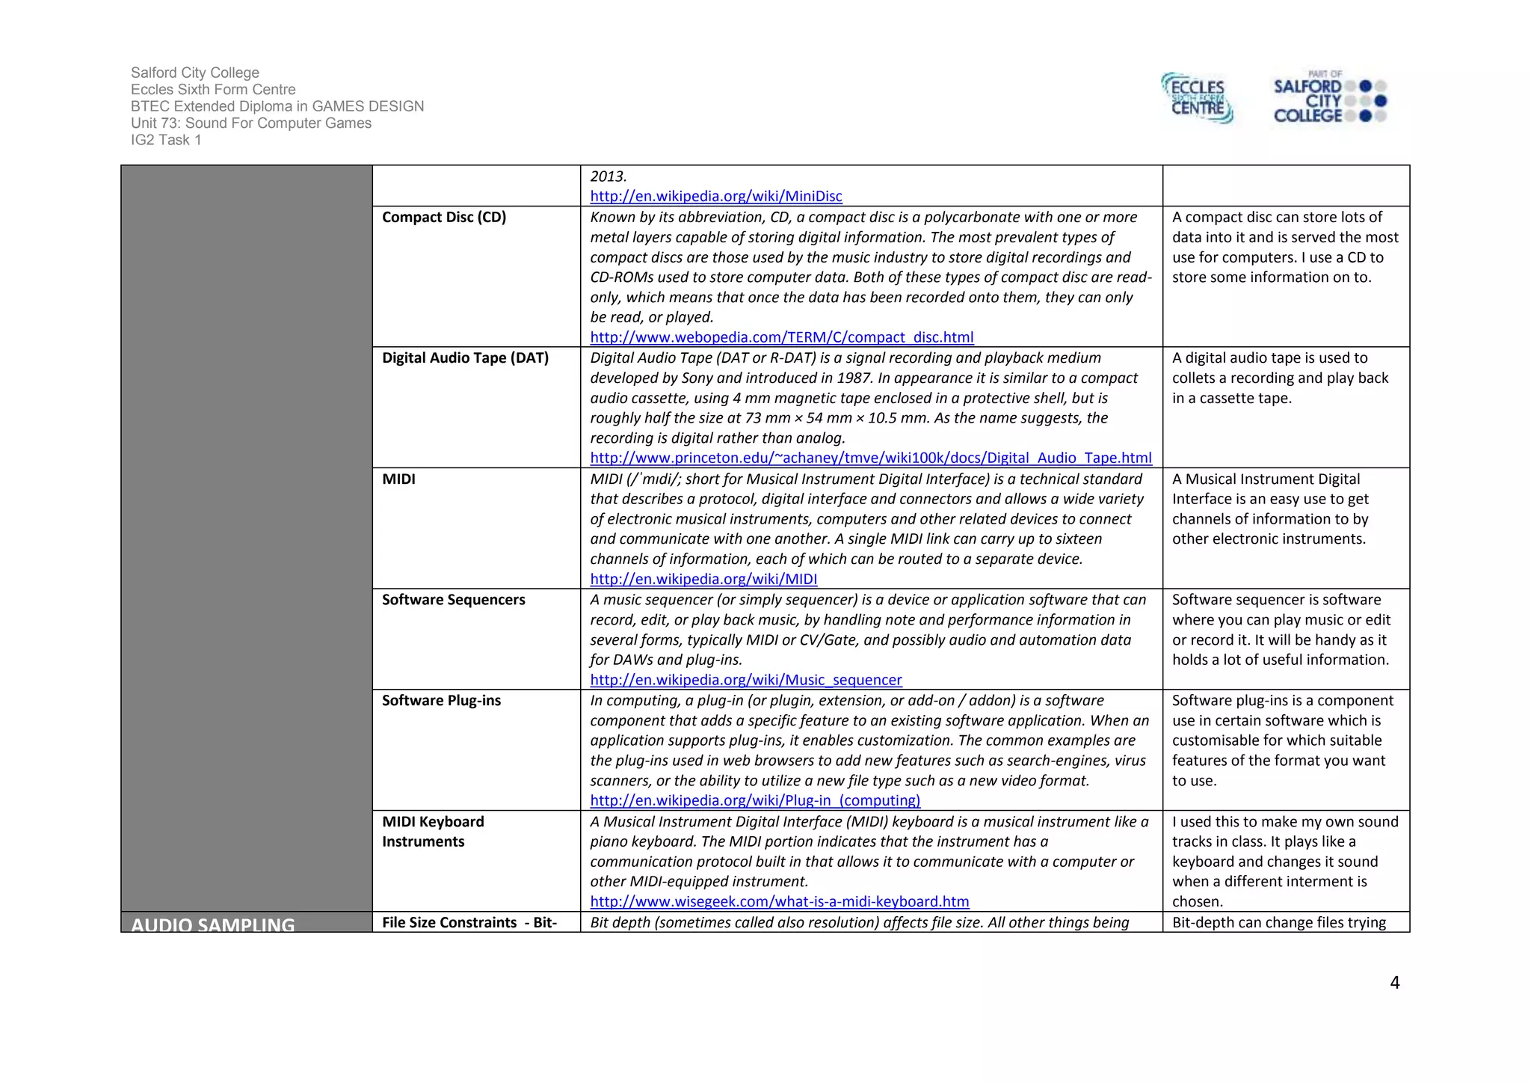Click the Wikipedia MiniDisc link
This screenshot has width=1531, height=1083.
coord(715,197)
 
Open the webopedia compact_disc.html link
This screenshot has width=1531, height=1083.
coord(781,337)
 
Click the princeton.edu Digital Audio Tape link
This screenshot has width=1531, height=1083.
coord(870,458)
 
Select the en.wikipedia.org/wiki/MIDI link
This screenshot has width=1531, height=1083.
coord(703,579)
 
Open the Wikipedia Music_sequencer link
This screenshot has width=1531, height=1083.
coord(745,680)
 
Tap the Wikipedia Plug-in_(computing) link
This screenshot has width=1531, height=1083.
coord(755,800)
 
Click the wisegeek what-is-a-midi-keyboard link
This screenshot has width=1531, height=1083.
coord(779,901)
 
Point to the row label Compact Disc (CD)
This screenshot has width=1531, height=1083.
coord(444,217)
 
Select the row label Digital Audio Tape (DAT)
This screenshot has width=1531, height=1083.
coord(465,358)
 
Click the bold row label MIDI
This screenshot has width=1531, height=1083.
coord(398,479)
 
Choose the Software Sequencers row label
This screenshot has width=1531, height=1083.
coord(453,600)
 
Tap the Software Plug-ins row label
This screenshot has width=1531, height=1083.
coord(441,701)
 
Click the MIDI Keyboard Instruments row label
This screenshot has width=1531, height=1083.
coord(433,831)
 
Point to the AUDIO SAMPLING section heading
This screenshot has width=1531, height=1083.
coord(213,924)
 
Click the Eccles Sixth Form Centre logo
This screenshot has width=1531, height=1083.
coord(1197,98)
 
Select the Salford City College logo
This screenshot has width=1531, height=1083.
coord(1328,98)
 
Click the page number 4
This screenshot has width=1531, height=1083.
coord(1394,983)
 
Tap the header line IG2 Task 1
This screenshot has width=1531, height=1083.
coord(166,140)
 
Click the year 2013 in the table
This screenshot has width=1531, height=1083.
coord(608,177)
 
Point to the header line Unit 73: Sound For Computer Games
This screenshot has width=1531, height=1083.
coord(250,123)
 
